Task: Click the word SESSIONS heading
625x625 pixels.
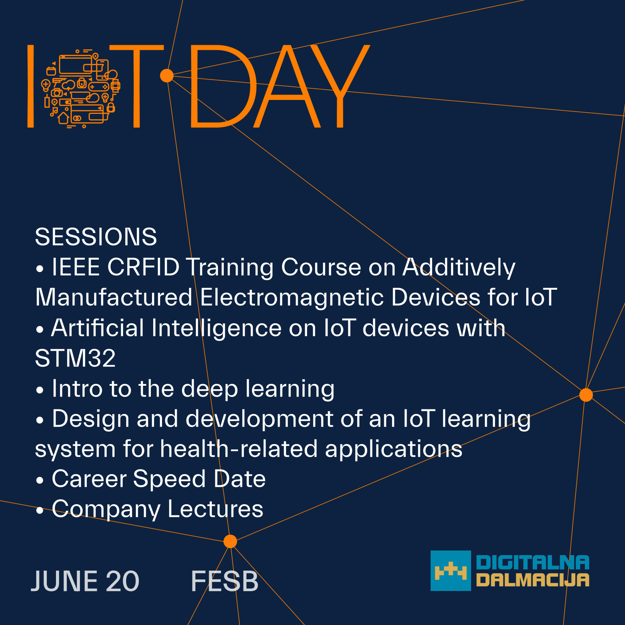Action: (96, 236)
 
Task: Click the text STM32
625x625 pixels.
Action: (75, 358)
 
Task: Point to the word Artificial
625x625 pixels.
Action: (98, 328)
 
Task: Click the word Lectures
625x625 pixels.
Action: (215, 509)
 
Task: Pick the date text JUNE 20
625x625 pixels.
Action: (85, 581)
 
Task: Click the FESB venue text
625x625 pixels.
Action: (225, 581)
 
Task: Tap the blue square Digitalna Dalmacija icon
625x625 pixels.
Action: (451, 571)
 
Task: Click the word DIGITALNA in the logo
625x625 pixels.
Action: (533, 562)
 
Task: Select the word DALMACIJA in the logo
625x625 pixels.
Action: (533, 580)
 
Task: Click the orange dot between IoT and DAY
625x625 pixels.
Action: (167, 76)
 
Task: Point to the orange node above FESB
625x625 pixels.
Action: (230, 541)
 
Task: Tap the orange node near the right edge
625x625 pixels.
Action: (586, 395)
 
